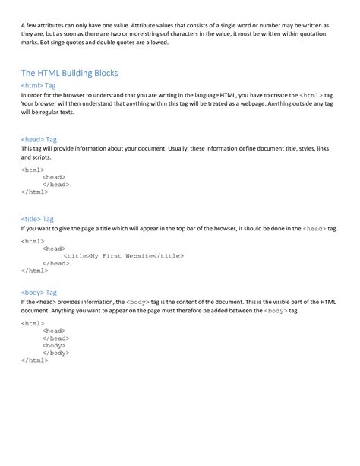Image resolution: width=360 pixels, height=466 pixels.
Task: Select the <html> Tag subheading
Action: [39, 87]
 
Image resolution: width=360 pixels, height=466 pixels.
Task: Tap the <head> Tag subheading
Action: [39, 139]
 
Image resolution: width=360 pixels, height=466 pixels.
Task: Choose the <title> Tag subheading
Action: [37, 218]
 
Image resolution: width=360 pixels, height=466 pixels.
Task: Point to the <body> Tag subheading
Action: [39, 291]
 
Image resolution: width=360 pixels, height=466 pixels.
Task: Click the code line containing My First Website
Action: [123, 255]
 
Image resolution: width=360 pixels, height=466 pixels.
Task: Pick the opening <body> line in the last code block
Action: [54, 345]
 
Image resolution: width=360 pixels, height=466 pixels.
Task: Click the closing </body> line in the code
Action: [55, 353]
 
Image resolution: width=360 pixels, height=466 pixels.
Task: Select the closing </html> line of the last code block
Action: [34, 360]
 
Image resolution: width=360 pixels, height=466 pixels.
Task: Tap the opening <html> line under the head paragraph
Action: [33, 170]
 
